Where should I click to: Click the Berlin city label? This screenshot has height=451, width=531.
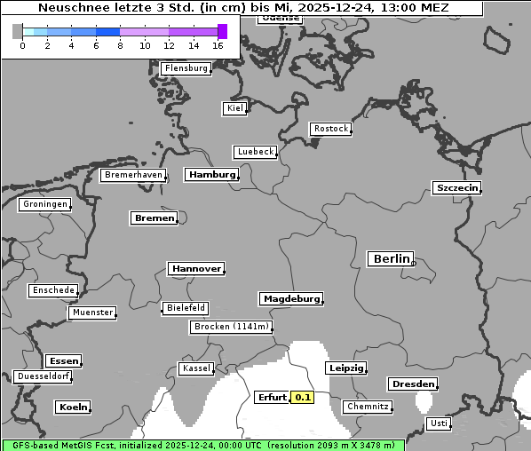pyautogui.click(x=390, y=259)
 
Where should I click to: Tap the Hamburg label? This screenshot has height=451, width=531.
pyautogui.click(x=211, y=175)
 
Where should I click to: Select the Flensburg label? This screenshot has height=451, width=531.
pyautogui.click(x=186, y=68)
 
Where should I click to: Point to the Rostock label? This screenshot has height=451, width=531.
pyautogui.click(x=330, y=130)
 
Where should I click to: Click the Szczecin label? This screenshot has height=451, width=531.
pyautogui.click(x=456, y=187)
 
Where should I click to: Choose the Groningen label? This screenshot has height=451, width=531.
pyautogui.click(x=44, y=204)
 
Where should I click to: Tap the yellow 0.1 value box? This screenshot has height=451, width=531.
pyautogui.click(x=303, y=398)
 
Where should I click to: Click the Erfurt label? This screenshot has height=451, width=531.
pyautogui.click(x=271, y=398)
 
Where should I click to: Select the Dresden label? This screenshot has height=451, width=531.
pyautogui.click(x=412, y=384)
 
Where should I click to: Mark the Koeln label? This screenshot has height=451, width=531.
pyautogui.click(x=73, y=407)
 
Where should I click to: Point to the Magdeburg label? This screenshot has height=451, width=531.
pyautogui.click(x=290, y=299)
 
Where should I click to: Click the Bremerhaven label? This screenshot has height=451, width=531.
pyautogui.click(x=133, y=176)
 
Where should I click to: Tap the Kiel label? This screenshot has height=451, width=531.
pyautogui.click(x=234, y=108)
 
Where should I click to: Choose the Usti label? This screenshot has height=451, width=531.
pyautogui.click(x=438, y=423)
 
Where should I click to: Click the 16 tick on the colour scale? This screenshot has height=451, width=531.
pyautogui.click(x=218, y=45)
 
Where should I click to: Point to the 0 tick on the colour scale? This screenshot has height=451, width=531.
pyautogui.click(x=22, y=45)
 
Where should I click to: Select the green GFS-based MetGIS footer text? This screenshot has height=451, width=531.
pyautogui.click(x=202, y=445)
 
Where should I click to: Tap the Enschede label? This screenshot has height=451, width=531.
pyautogui.click(x=53, y=290)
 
